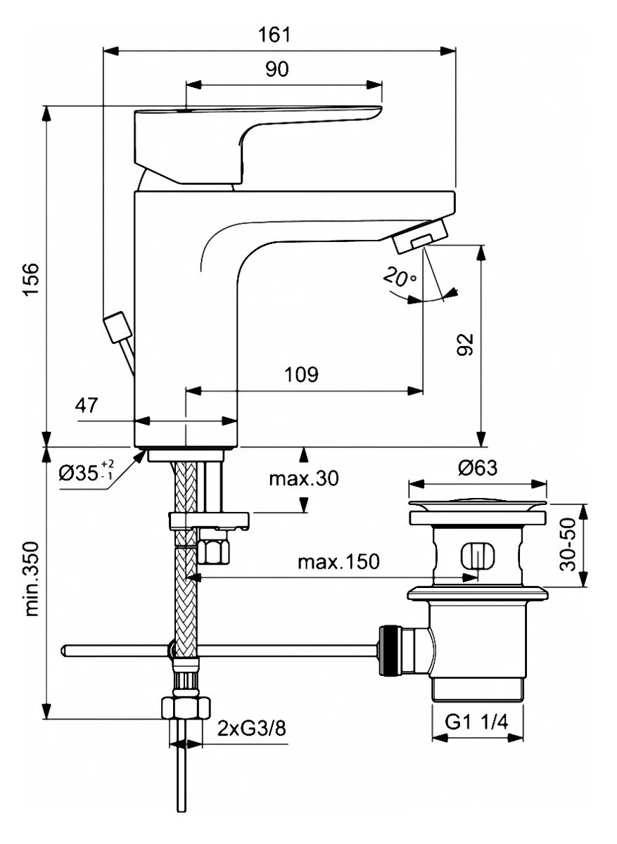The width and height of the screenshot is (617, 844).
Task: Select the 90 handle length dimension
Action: point(278,69)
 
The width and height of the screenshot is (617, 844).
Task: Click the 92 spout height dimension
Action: point(465,345)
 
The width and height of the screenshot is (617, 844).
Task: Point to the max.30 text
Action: point(303,479)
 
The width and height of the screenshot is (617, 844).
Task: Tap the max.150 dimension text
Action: point(338,561)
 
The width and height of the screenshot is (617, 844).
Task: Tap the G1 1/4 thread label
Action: point(477,722)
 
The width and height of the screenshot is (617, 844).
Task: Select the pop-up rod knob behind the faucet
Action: point(115,328)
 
